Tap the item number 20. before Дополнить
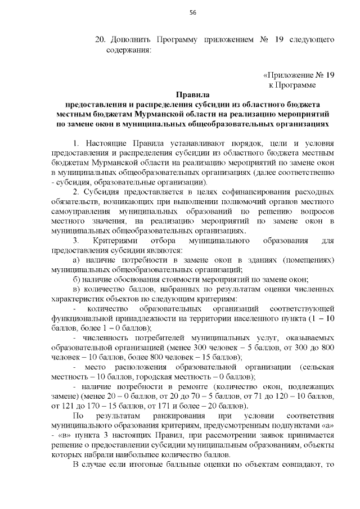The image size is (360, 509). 101,40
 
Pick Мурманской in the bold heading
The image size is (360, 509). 147,114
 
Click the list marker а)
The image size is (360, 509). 78,260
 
